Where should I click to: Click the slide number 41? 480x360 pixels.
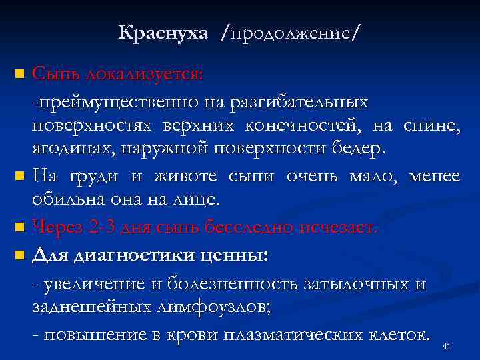pos(447,345)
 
